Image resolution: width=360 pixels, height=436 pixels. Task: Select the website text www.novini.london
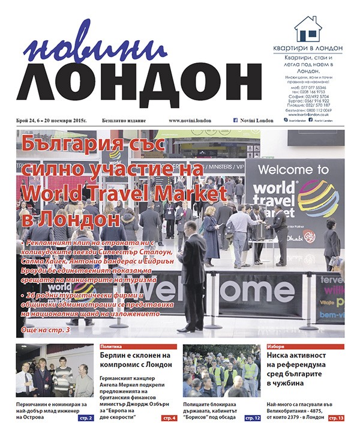[x=191, y=121]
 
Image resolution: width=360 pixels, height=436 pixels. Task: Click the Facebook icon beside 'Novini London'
[x=236, y=121]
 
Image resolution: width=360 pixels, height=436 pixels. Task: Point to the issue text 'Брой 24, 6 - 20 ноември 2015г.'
[x=52, y=121]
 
